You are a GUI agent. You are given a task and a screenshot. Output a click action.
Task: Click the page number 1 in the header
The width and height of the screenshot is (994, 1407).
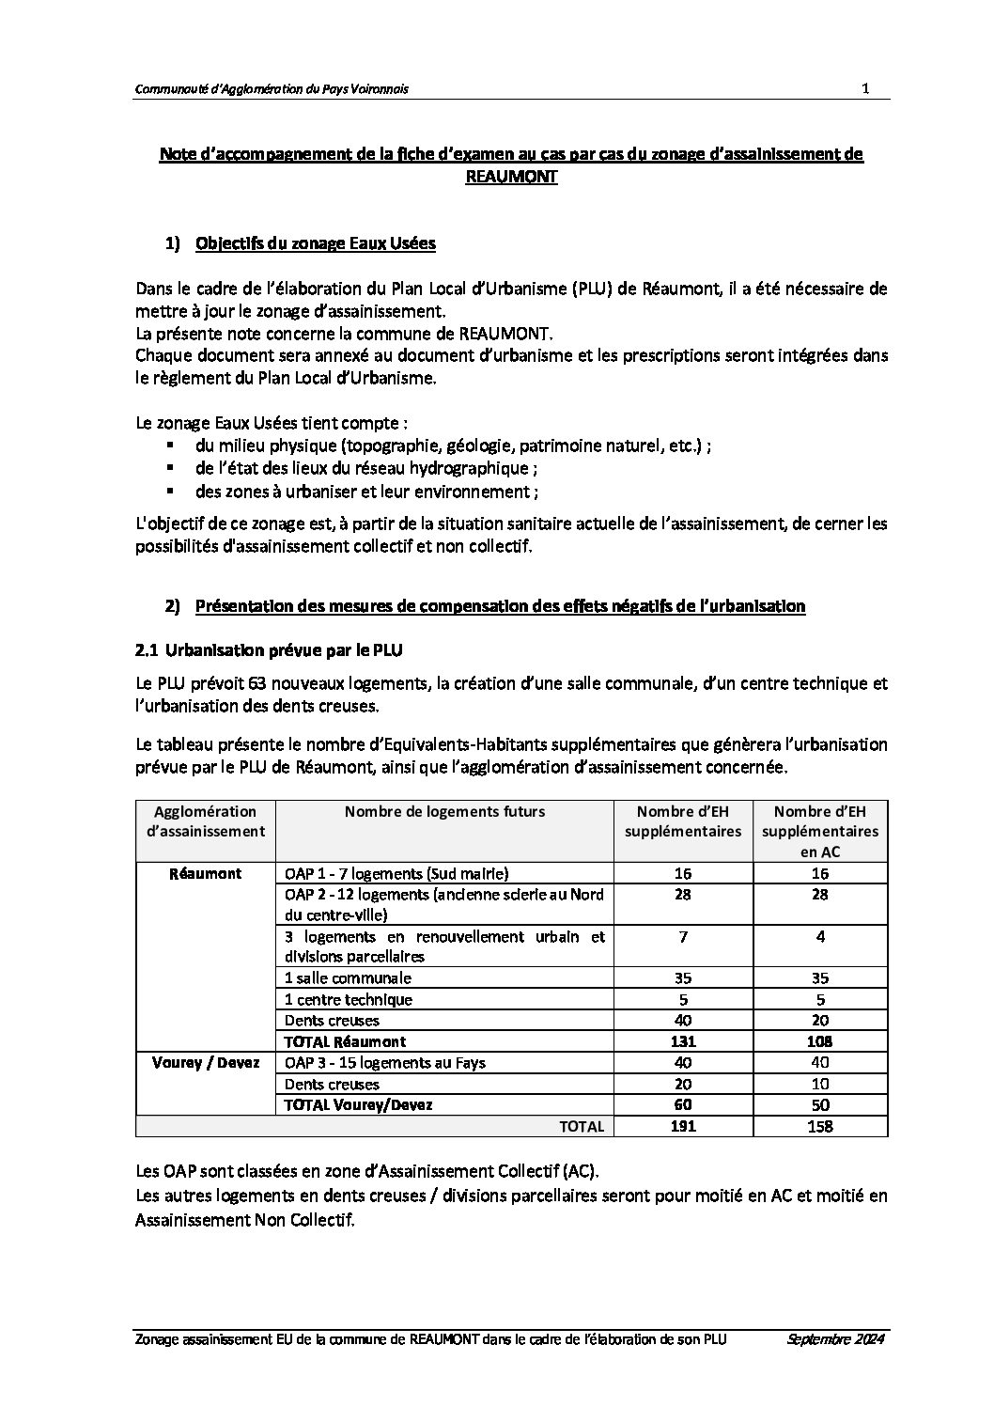coord(864,88)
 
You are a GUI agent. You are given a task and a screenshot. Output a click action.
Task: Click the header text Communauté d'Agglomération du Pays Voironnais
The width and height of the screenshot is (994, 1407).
coord(272,89)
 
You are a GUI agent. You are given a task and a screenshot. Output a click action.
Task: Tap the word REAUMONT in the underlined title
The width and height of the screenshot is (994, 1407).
coord(511,176)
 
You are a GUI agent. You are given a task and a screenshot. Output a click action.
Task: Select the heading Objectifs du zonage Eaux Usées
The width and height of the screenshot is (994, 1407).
coord(315,244)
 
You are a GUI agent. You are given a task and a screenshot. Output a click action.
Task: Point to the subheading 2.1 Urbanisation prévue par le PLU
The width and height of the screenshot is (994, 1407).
coord(270,649)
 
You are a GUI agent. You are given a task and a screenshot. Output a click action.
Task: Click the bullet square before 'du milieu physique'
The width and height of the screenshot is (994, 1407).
coord(170,445)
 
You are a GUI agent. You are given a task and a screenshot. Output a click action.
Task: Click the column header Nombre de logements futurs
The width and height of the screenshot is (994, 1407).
coord(443,811)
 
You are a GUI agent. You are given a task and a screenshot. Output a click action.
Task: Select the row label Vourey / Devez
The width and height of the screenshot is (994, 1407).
coord(204,1063)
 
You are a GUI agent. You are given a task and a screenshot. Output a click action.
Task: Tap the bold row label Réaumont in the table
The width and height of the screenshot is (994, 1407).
coord(205,873)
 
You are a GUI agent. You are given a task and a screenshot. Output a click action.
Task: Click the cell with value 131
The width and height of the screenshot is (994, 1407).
coord(682,1041)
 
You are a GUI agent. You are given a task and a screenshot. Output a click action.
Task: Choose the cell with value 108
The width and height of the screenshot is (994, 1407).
coord(819,1041)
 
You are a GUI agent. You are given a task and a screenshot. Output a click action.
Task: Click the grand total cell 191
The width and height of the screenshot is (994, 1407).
coord(682,1126)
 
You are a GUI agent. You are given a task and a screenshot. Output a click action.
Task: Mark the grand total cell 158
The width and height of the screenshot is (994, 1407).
coord(819,1126)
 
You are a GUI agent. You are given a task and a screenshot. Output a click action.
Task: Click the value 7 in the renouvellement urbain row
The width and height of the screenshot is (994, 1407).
coord(682,937)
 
